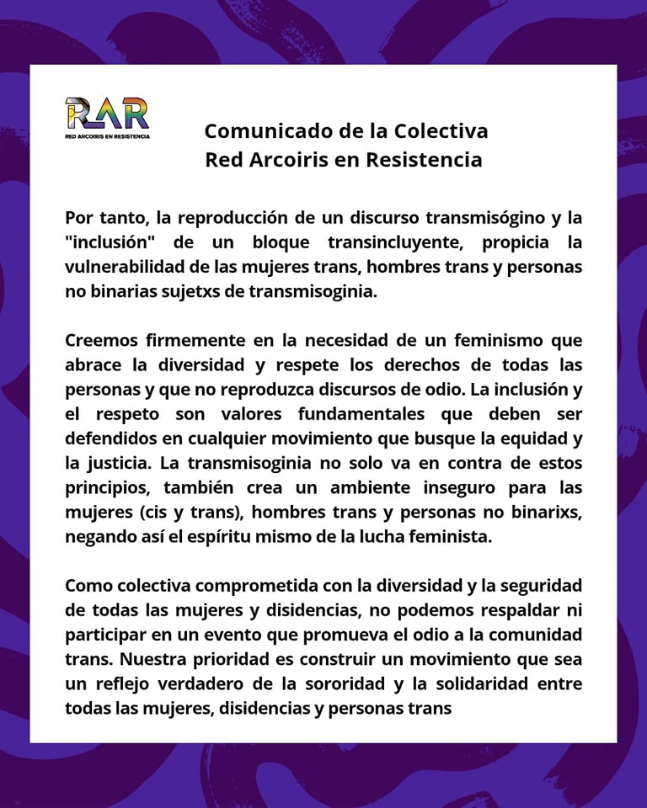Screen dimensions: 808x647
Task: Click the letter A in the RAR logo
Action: click(x=107, y=114)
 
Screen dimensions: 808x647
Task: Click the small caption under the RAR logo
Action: click(x=107, y=136)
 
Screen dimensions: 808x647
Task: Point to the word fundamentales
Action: click(x=337, y=415)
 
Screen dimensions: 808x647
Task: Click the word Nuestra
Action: click(x=141, y=659)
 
